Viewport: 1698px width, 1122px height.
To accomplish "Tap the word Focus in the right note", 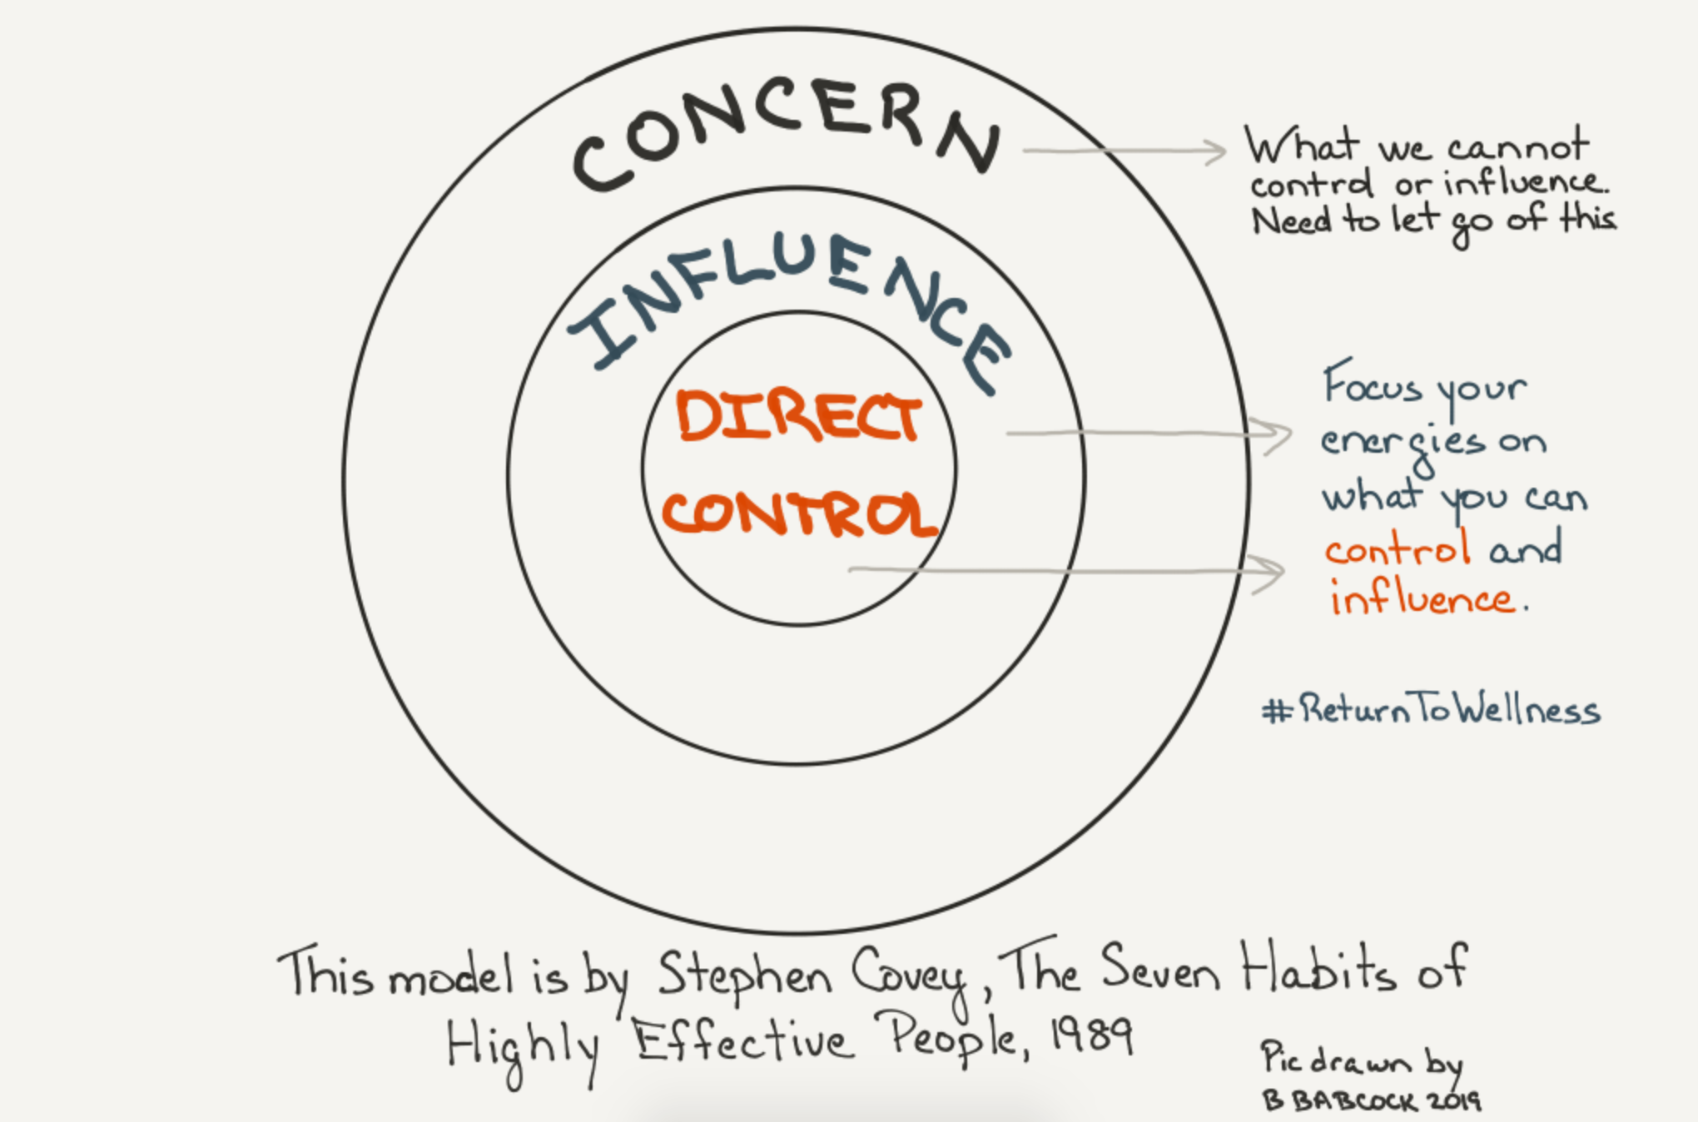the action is tap(1372, 386).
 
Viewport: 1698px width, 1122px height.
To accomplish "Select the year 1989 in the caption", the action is tap(1092, 1036).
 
